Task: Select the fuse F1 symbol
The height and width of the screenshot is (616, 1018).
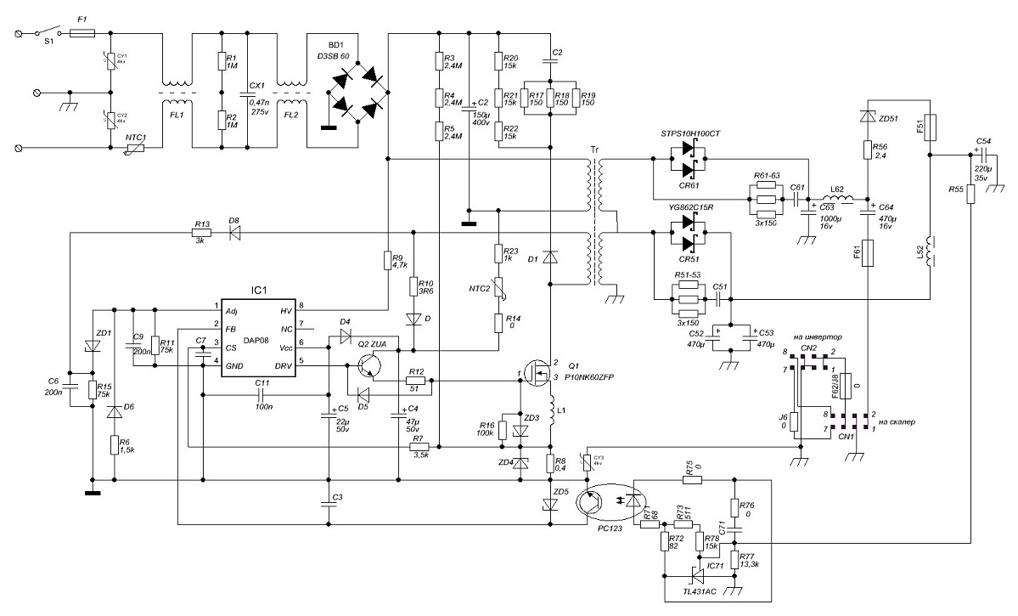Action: tap(82, 34)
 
